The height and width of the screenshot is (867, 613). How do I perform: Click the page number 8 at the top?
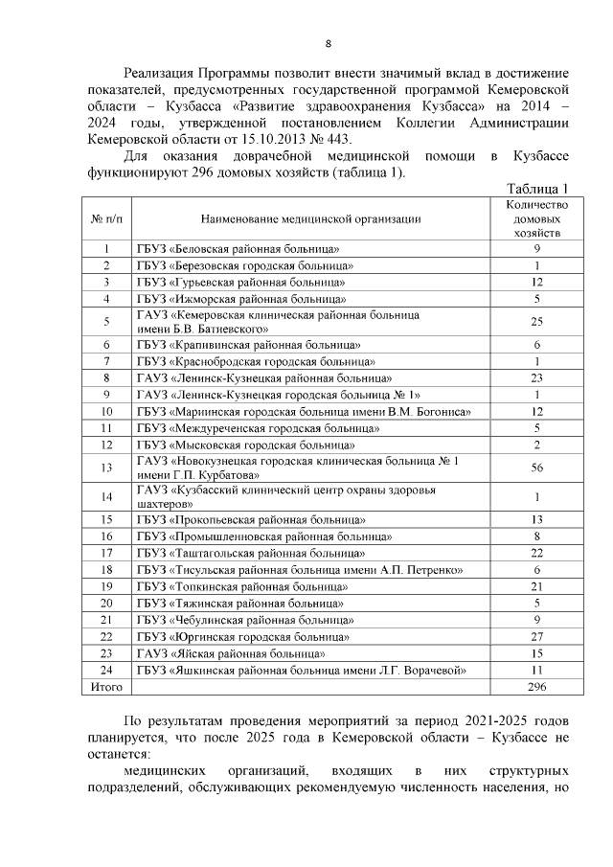pyautogui.click(x=329, y=44)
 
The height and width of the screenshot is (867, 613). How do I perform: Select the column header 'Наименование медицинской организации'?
pyautogui.click(x=311, y=219)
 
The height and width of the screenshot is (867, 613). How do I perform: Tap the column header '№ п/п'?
pyautogui.click(x=106, y=219)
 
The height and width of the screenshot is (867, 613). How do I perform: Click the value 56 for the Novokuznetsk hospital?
pyautogui.click(x=537, y=467)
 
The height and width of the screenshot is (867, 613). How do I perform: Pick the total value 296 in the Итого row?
pyautogui.click(x=537, y=687)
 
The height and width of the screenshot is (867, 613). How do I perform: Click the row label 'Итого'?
pyautogui.click(x=106, y=687)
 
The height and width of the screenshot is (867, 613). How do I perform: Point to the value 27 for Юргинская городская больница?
pyautogui.click(x=537, y=636)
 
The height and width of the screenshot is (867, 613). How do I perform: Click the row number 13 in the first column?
pyautogui.click(x=106, y=467)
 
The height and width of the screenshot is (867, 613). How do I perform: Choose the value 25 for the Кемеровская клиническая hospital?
pyautogui.click(x=537, y=321)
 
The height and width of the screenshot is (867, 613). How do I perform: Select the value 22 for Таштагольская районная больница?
pyautogui.click(x=537, y=553)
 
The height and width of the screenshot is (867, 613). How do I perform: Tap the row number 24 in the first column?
pyautogui.click(x=106, y=671)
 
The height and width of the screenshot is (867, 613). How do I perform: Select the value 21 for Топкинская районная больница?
pyautogui.click(x=537, y=586)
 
